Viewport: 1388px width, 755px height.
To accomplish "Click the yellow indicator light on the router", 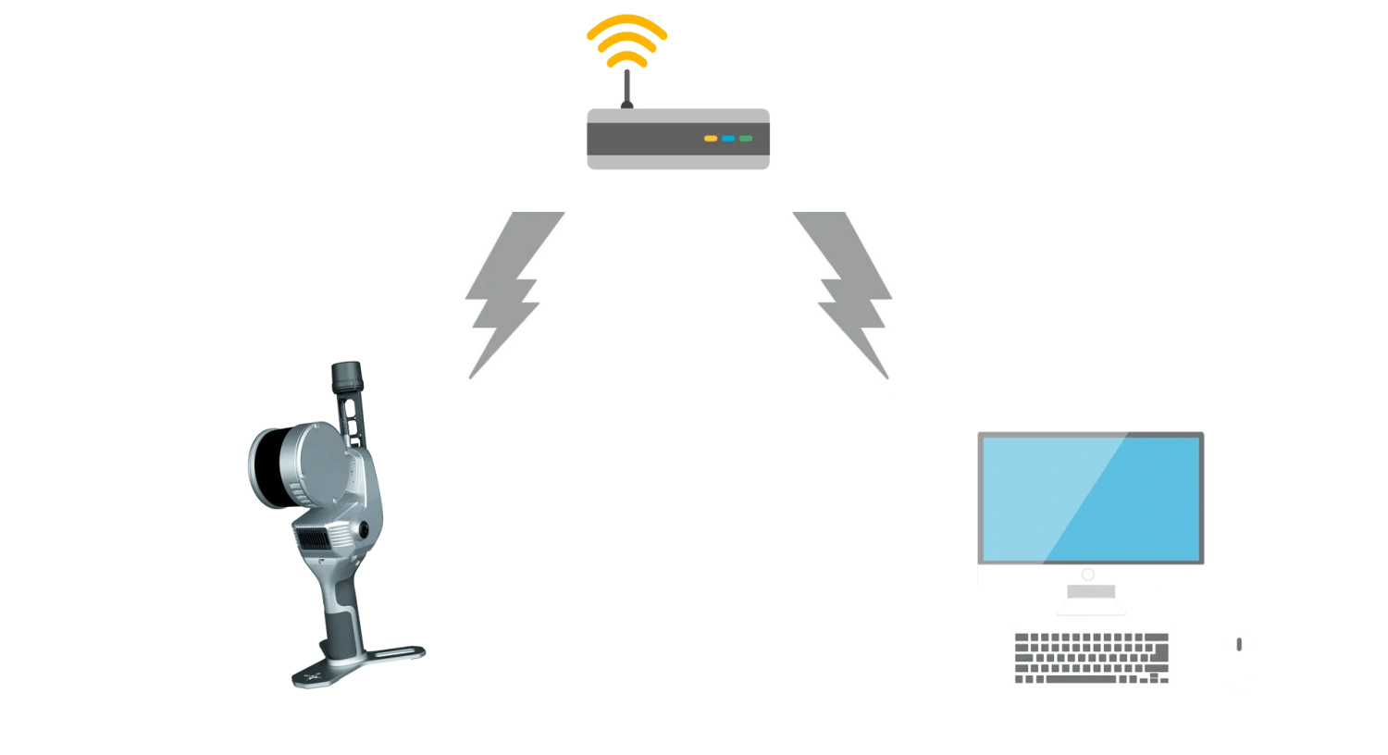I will (x=711, y=138).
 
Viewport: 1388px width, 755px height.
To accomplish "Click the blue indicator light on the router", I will (x=728, y=138).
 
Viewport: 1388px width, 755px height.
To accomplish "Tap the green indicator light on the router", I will (x=746, y=138).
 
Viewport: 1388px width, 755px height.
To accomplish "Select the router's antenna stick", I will (x=626, y=88).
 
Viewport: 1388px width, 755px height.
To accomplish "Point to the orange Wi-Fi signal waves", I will (x=626, y=37).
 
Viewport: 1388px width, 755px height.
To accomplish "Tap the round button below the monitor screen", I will (x=1087, y=575).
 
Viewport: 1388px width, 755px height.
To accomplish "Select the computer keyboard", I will (x=1092, y=654).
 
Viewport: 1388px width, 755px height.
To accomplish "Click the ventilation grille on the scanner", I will (x=319, y=538).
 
